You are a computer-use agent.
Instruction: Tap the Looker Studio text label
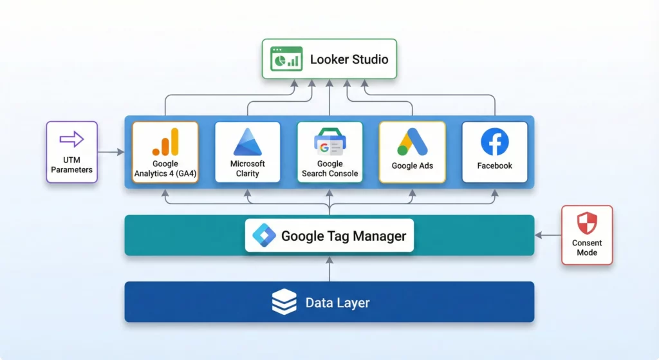pos(349,59)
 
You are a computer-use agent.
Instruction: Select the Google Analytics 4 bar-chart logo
pos(165,142)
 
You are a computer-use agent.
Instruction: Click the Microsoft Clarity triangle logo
pos(248,142)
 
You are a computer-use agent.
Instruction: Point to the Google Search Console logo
pos(329,142)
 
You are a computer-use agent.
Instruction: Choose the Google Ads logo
pos(412,142)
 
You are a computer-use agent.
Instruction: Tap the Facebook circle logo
pos(494,142)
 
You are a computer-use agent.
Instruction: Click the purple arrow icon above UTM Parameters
pos(71,139)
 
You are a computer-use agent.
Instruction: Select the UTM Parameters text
pos(71,165)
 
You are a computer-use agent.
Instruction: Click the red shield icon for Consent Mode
pos(587,223)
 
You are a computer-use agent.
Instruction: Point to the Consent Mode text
pos(587,247)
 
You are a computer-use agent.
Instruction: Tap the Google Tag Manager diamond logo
pos(264,236)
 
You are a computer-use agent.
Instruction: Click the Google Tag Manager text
pos(344,236)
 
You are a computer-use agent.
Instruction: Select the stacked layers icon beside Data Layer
pos(284,302)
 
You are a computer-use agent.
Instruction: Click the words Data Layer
pos(337,302)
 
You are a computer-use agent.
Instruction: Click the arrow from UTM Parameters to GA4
pos(111,153)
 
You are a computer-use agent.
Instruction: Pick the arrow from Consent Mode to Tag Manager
pos(548,236)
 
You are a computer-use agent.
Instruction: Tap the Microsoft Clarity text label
pos(248,169)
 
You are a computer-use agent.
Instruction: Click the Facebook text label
pos(494,166)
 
